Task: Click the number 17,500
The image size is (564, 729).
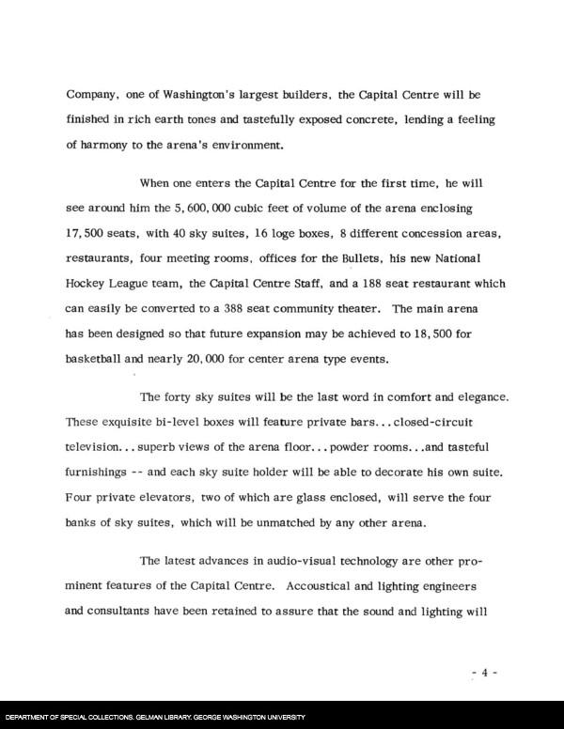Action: (x=88, y=231)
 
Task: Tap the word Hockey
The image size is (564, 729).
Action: (x=88, y=282)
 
